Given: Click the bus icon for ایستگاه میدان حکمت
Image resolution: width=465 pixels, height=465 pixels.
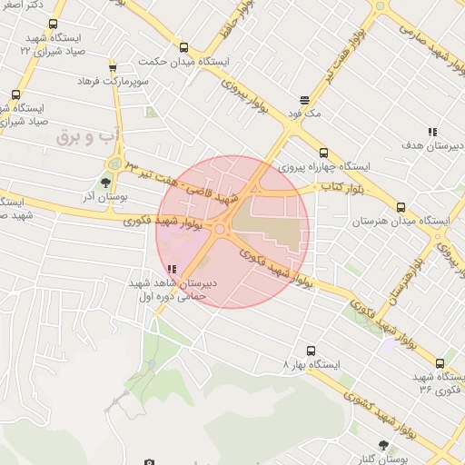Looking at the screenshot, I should tap(184, 48).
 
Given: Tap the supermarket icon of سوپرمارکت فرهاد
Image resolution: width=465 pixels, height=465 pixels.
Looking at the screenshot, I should tap(113, 67).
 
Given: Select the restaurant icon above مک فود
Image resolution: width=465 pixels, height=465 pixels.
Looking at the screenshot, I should tap(304, 100).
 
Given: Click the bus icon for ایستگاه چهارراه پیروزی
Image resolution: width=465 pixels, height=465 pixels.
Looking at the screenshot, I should tap(324, 153).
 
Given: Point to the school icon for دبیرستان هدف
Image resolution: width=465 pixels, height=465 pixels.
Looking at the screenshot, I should tap(433, 132).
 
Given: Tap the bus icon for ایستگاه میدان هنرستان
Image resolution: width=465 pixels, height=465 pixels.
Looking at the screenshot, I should tap(401, 208).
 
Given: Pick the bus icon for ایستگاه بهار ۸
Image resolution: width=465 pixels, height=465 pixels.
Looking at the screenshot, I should tap(311, 351).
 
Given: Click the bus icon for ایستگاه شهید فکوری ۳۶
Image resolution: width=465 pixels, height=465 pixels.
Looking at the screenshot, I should tap(440, 363).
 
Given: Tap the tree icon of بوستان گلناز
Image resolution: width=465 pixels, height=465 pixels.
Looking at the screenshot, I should tap(382, 445).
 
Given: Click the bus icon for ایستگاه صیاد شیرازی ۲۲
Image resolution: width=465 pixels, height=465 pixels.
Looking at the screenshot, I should tap(52, 25).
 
